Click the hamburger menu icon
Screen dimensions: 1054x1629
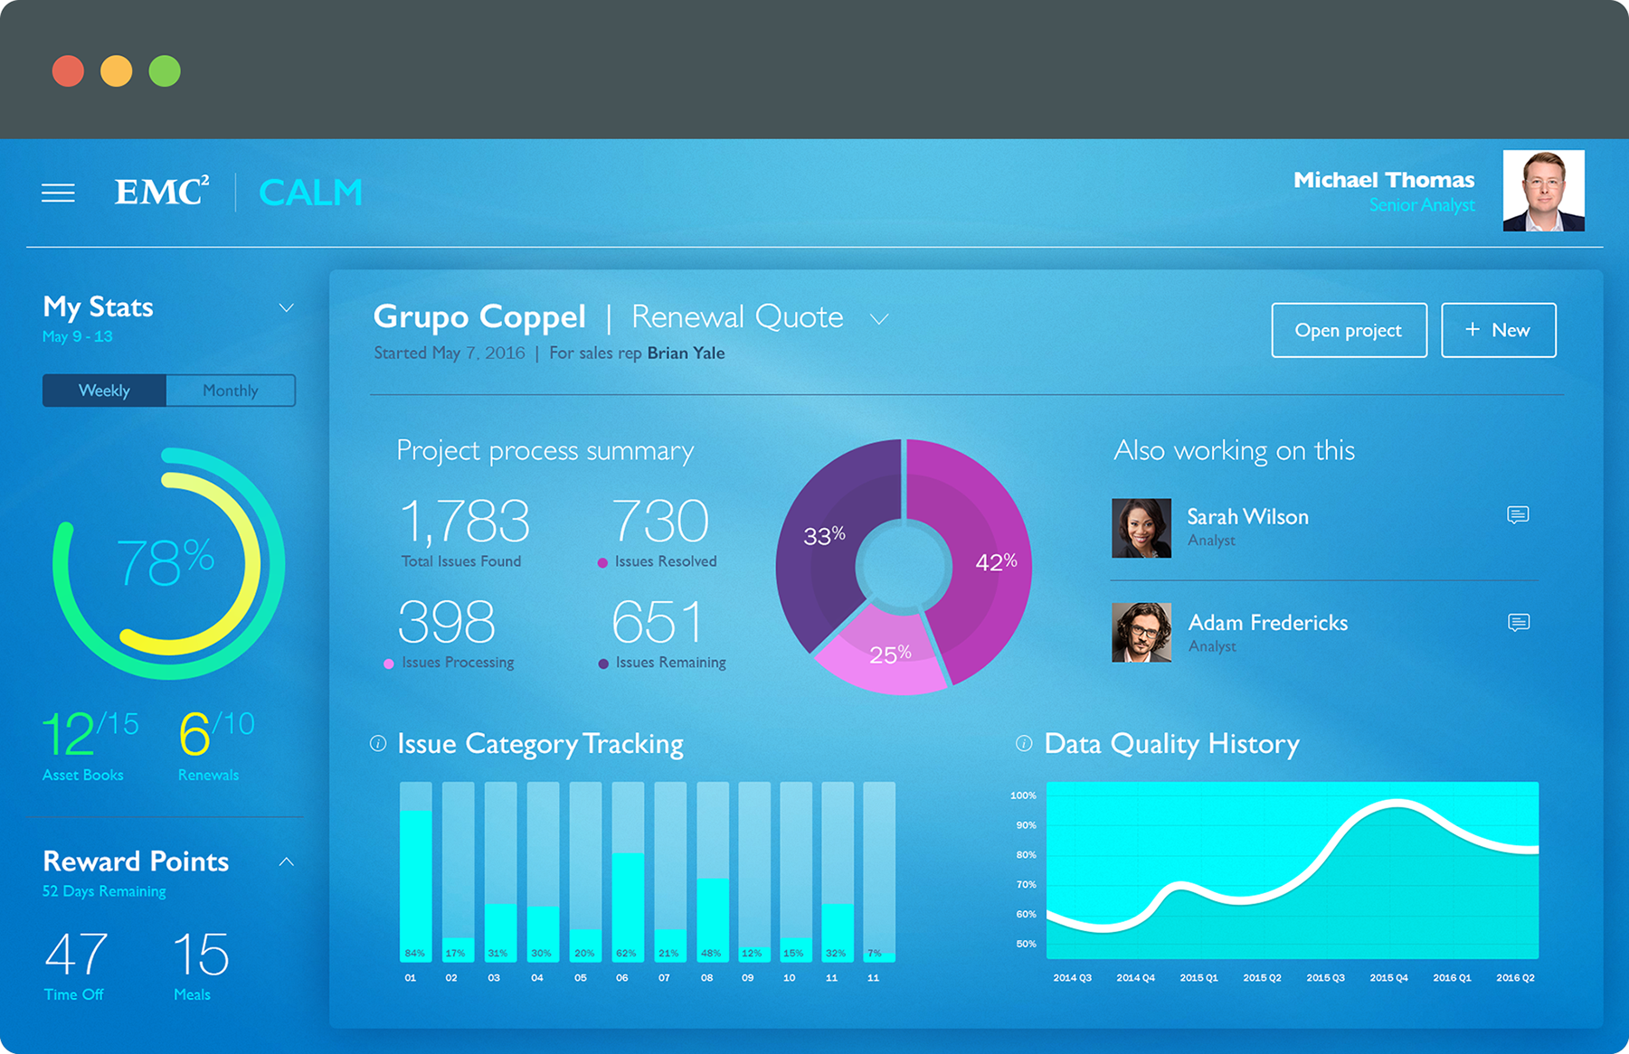(58, 193)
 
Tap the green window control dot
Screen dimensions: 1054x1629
(165, 71)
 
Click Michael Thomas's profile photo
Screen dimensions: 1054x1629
(1543, 191)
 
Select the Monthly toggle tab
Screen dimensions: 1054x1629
(231, 391)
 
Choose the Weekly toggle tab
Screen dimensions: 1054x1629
(104, 391)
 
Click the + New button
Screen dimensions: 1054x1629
(1498, 330)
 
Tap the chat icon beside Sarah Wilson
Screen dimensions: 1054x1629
(1518, 515)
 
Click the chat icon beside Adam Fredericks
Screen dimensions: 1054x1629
(1519, 622)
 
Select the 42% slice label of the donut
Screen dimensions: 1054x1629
(996, 562)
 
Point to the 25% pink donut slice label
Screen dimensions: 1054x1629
(890, 654)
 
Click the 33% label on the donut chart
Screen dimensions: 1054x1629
(824, 536)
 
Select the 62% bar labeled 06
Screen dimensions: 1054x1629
(628, 905)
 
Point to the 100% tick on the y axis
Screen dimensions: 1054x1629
(1023, 795)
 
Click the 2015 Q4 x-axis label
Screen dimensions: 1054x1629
(1388, 977)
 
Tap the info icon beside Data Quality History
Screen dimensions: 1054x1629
(1024, 743)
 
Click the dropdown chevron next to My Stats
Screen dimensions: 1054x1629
(286, 308)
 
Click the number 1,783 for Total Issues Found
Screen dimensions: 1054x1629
(464, 522)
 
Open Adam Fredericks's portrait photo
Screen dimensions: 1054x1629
(1141, 633)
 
